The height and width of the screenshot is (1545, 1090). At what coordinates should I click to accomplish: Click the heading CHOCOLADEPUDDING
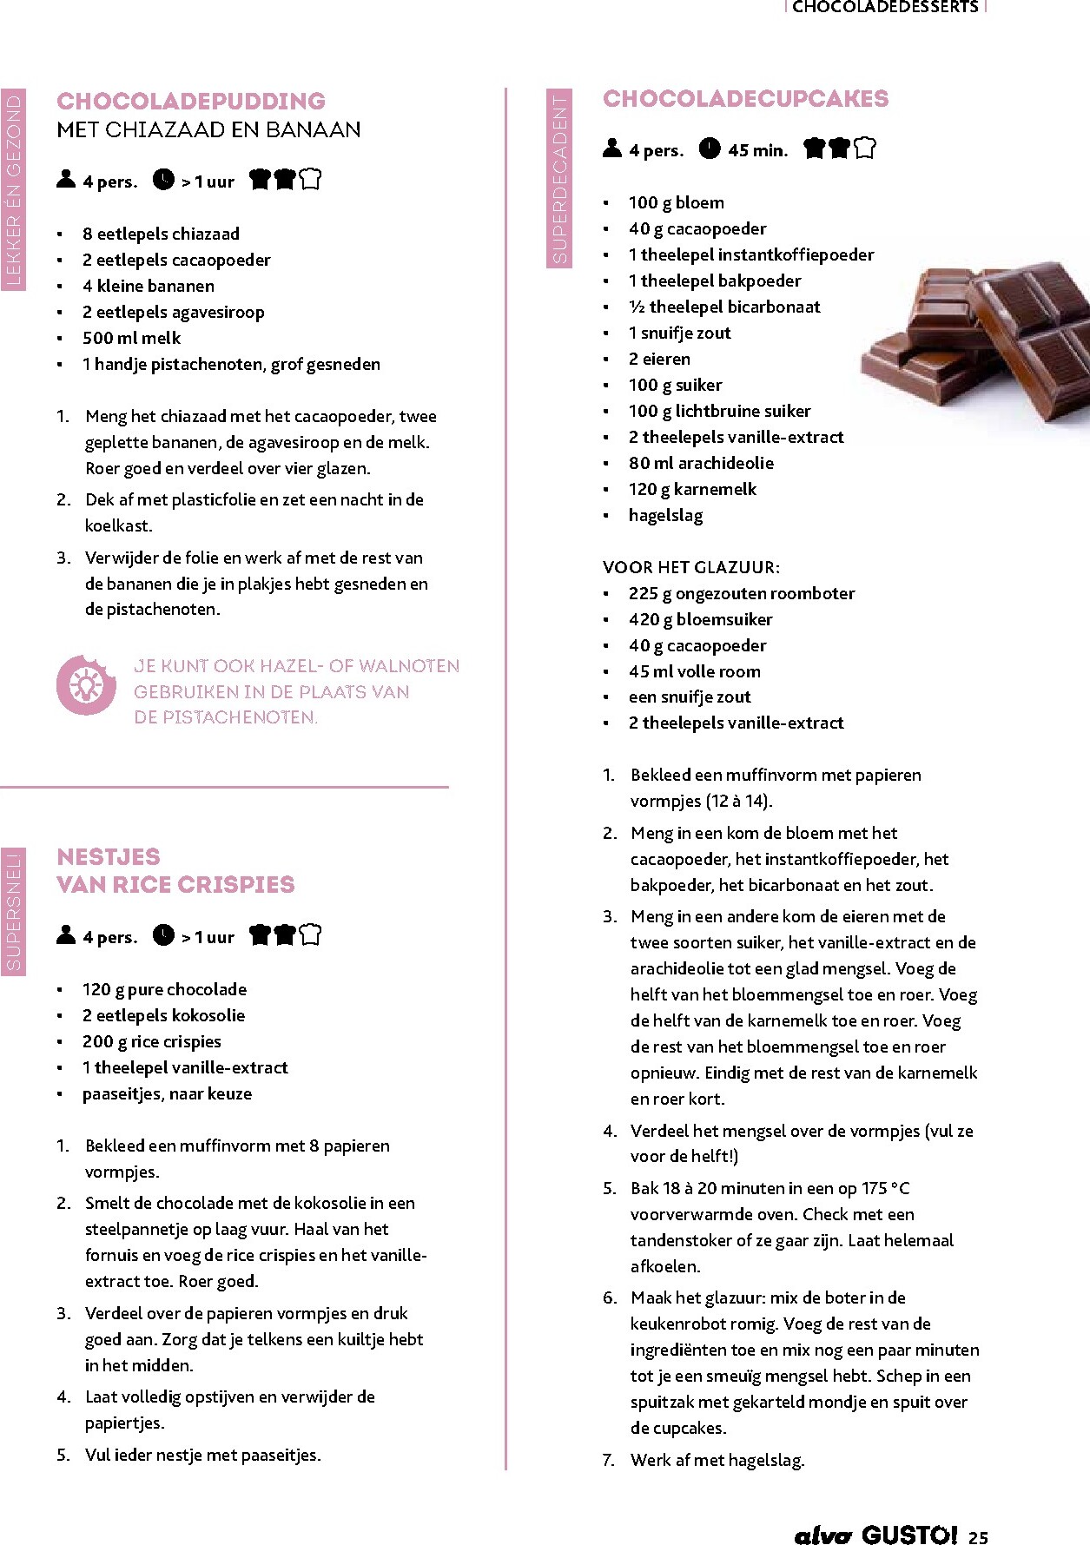191,101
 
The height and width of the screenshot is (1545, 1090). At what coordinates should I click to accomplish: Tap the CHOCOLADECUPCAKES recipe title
745,98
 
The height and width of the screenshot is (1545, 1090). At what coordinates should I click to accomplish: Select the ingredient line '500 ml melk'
132,338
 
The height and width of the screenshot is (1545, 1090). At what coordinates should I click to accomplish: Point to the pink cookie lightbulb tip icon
86,685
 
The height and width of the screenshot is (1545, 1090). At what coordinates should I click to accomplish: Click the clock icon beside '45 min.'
710,149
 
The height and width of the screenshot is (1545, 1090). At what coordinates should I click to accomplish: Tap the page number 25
978,1536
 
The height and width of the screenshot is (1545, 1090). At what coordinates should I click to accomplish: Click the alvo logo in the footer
822,1535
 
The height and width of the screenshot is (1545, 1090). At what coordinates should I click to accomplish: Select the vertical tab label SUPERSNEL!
13,911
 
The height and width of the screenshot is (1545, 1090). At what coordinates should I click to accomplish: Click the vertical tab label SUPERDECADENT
559,178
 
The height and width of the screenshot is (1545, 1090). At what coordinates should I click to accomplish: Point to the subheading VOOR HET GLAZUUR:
691,567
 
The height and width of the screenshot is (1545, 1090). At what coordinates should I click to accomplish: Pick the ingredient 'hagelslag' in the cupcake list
665,515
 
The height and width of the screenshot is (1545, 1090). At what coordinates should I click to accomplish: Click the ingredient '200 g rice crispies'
152,1041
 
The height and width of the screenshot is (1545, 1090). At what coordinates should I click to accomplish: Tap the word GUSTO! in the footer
909,1535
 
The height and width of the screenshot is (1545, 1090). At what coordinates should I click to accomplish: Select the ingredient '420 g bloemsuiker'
700,619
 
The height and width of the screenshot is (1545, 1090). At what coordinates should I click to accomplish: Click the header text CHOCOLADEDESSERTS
885,7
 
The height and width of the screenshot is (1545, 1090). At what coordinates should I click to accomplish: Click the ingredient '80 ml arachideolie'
701,463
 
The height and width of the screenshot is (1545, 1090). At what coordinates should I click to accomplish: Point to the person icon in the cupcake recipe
612,149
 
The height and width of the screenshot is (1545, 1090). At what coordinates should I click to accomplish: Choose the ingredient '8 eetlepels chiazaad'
161,234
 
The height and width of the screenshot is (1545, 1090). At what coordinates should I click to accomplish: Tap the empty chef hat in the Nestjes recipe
310,934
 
